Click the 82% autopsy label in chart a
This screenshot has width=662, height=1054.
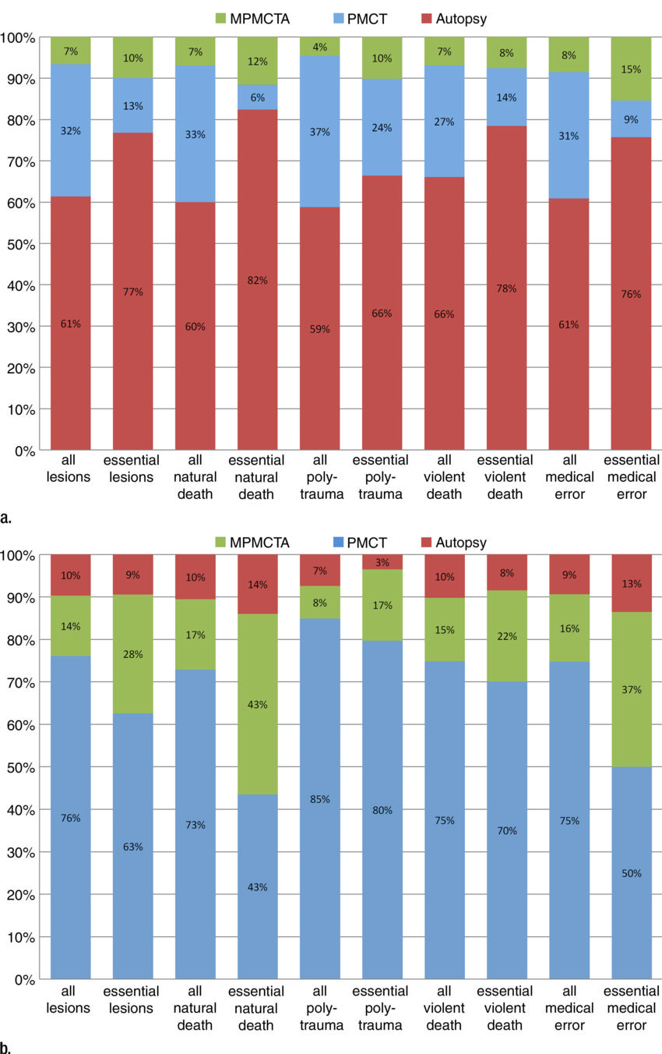click(x=258, y=280)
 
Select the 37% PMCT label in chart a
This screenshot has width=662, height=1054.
click(x=320, y=132)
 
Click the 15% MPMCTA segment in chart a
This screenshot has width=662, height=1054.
click(x=632, y=69)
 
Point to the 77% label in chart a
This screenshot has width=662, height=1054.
click(x=133, y=292)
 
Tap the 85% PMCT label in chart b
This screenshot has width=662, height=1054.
click(x=320, y=799)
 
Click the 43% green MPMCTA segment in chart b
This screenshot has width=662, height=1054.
click(x=258, y=705)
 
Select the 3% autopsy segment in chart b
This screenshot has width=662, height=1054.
click(x=382, y=562)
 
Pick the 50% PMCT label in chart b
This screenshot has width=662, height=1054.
click(x=632, y=873)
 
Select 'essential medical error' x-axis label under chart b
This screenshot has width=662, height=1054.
click(x=632, y=1008)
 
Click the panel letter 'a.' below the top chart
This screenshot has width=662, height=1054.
click(x=7, y=517)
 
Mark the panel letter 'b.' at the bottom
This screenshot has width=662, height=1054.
click(x=7, y=1047)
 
